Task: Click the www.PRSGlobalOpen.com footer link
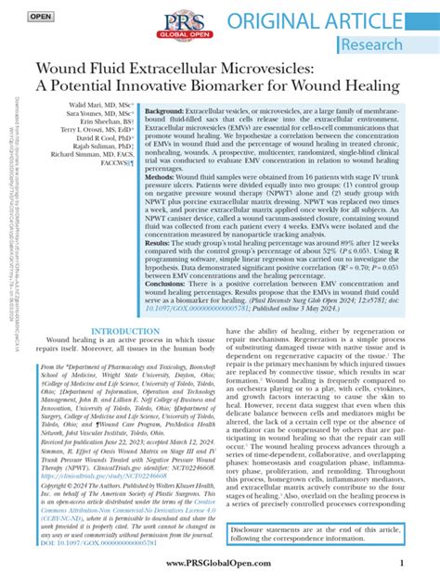[x=220, y=562]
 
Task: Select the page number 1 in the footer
[x=400, y=562]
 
